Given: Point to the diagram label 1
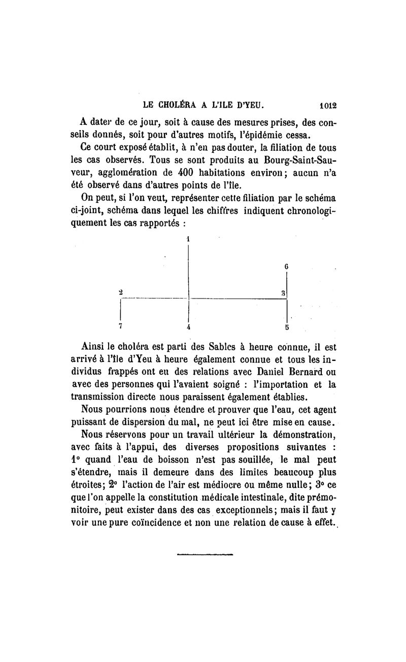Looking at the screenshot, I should point(188,238).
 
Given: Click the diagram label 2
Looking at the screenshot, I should point(121,292).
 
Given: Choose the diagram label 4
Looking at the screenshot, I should point(188,327).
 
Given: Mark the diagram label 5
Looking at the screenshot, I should point(287,327).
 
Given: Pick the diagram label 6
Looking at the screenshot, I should point(287,266).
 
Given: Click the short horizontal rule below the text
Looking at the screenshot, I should point(205,555).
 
